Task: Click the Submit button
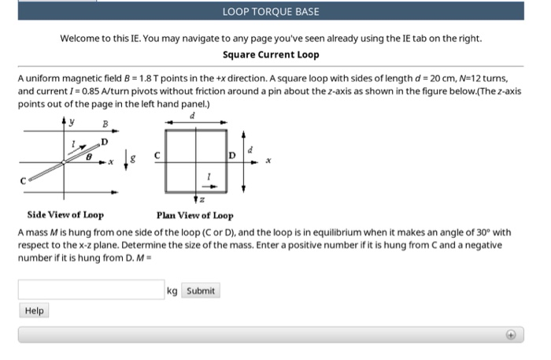(201, 291)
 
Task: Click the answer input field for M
(91, 291)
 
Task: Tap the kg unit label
(173, 291)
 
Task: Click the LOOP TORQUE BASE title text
(271, 12)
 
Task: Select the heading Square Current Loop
(271, 54)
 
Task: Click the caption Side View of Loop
(65, 214)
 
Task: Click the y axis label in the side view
(72, 122)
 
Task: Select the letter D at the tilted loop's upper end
(104, 142)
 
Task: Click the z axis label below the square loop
(210, 202)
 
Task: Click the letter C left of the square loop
(157, 155)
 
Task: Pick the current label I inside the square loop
(209, 175)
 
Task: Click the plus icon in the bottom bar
(510, 335)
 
